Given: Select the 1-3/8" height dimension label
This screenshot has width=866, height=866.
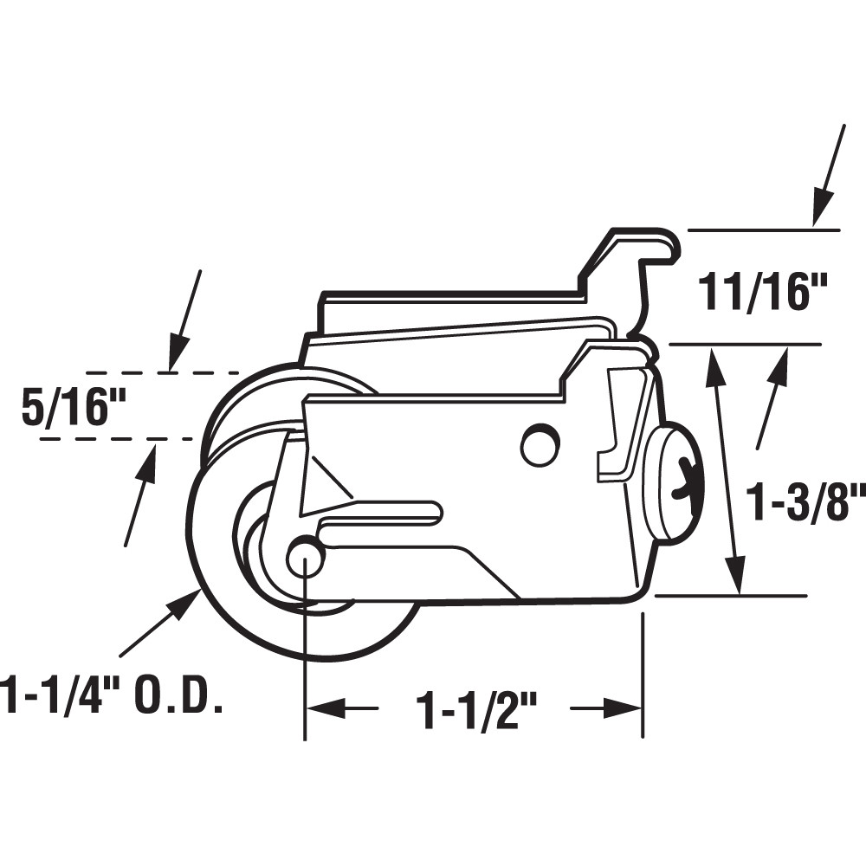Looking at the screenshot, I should (x=806, y=503).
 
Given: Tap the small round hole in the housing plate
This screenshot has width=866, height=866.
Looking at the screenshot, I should (x=540, y=443).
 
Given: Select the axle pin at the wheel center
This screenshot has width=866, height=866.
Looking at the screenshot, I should (x=305, y=557).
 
